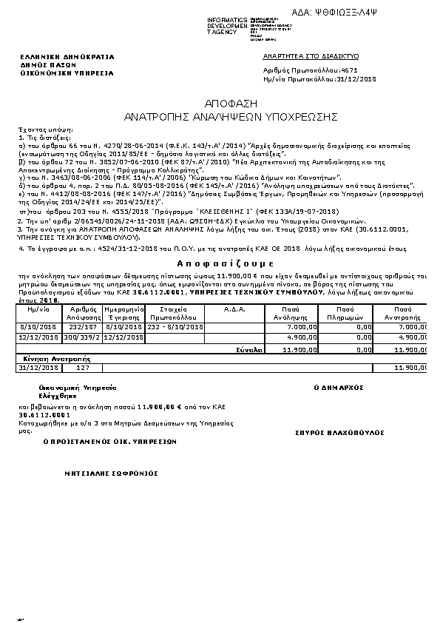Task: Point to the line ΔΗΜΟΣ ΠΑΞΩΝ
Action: pos(42,65)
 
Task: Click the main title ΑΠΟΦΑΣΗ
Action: pos(220,104)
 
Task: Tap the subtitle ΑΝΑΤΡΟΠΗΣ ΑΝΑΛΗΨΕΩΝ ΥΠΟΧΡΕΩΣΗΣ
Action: pos(220,117)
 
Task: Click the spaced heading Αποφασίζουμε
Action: pos(220,263)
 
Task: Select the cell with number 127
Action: pos(84,367)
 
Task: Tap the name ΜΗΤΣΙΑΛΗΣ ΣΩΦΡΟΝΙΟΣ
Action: pos(111,472)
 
